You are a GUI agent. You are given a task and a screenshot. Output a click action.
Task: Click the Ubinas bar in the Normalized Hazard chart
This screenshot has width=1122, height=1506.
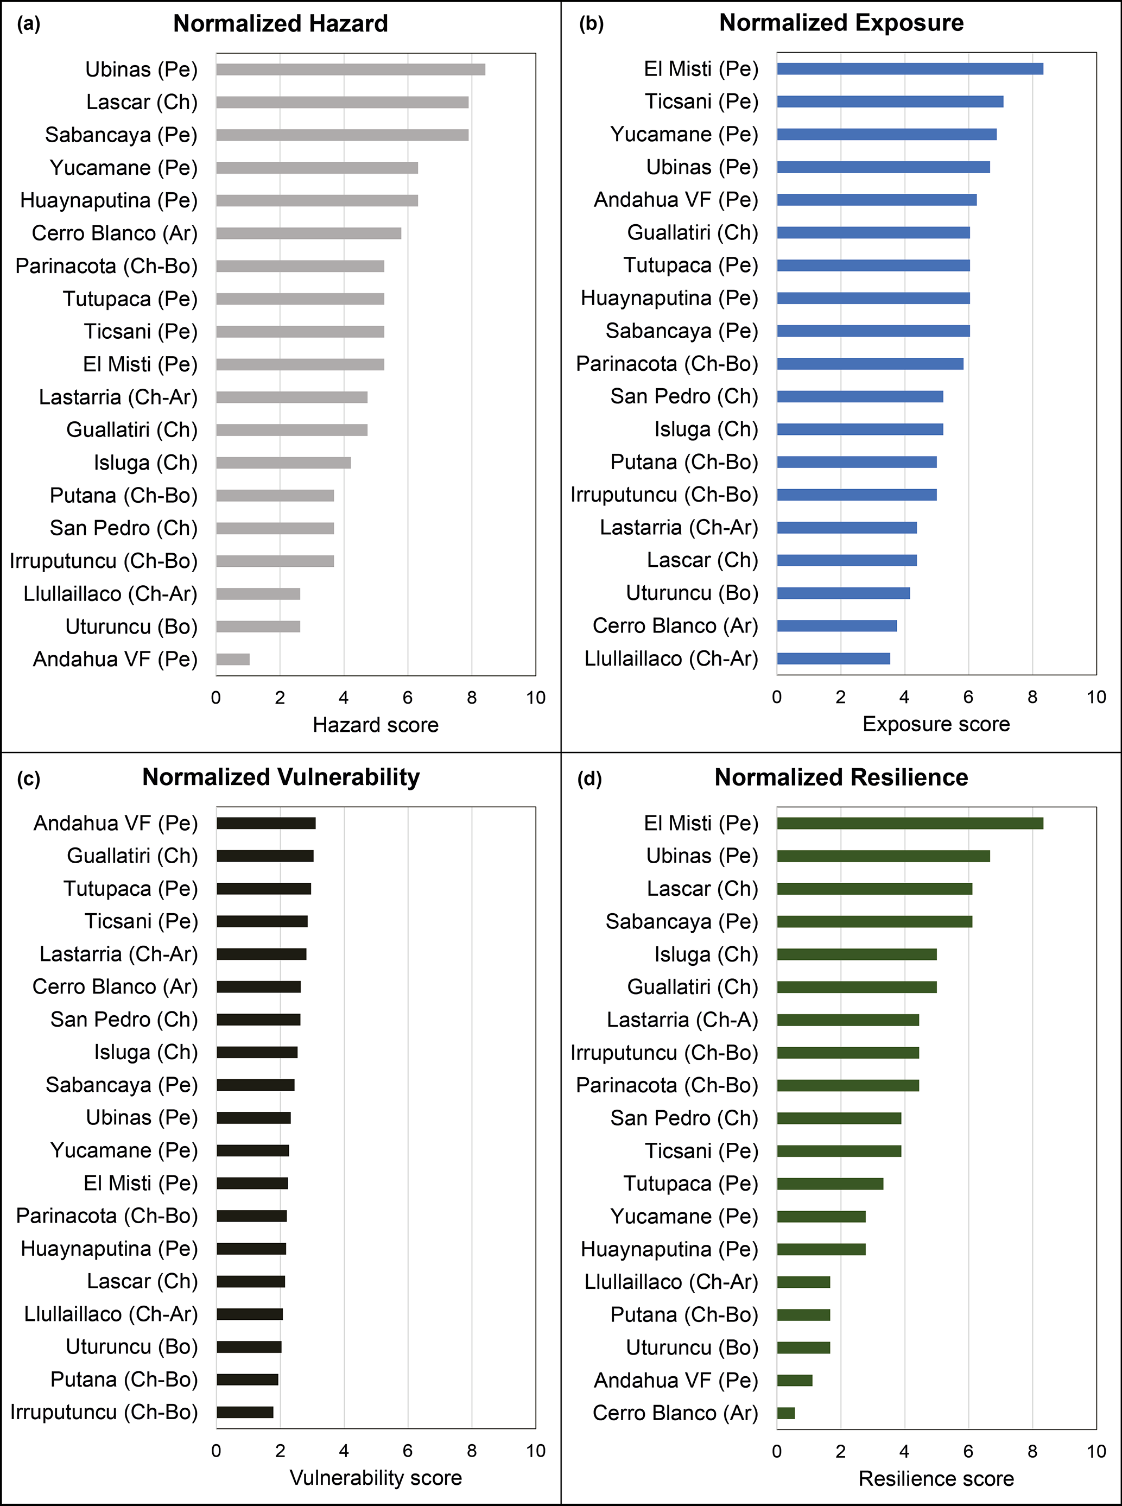pos(351,69)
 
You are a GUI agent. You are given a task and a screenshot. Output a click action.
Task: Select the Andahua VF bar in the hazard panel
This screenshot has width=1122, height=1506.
pos(233,659)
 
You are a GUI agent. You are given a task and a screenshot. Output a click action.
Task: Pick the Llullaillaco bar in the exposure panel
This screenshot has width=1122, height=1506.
pos(833,658)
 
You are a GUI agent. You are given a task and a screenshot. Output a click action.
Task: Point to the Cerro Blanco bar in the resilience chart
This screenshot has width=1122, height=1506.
pos(786,1413)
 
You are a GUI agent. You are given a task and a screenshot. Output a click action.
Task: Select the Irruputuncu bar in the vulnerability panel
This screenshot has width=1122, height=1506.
pos(245,1412)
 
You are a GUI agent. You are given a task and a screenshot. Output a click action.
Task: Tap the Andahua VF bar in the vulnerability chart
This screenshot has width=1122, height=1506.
pos(266,824)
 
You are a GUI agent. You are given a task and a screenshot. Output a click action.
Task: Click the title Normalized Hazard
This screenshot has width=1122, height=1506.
pos(281,24)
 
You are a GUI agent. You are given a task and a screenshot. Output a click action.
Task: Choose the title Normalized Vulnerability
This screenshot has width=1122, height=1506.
pos(281,777)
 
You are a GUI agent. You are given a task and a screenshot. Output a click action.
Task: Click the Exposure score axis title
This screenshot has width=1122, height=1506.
pos(936,724)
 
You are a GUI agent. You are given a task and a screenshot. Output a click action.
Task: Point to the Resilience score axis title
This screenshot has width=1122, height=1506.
pos(936,1479)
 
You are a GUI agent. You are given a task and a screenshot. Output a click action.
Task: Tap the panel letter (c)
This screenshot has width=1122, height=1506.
pos(29,779)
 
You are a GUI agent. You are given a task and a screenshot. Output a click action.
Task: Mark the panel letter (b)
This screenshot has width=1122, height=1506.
pos(591,24)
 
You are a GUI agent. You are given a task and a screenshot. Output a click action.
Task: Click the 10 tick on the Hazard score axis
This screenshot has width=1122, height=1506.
pos(536,698)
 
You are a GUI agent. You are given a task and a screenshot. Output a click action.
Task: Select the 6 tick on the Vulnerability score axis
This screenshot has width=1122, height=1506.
pos(408,1451)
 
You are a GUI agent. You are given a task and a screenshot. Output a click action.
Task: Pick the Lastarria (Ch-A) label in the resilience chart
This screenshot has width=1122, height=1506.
pos(682,1020)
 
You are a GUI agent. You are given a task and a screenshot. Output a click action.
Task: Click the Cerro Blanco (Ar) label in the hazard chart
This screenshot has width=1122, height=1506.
pos(114,233)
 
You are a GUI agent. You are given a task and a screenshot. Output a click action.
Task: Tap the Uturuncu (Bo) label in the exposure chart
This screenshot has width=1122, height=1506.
pos(692,593)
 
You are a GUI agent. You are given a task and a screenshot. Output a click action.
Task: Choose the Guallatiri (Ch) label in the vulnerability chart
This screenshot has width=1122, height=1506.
pos(132,856)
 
